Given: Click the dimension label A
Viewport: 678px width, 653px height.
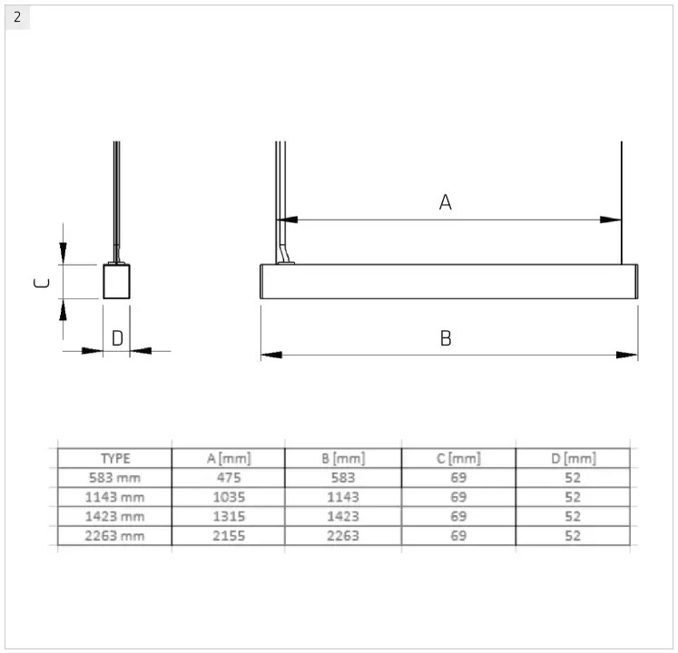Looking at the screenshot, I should (445, 202).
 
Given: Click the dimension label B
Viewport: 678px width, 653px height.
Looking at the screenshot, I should (446, 338).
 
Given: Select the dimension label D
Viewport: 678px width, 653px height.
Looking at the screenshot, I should (117, 338).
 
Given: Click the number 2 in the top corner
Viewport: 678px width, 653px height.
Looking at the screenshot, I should (17, 16).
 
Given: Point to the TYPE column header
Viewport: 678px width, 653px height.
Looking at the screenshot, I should (115, 458).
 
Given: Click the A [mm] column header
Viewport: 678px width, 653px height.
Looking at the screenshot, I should (228, 458).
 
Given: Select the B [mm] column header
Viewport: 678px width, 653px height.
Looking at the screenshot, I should (343, 458).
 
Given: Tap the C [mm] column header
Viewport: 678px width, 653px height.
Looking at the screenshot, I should (458, 458).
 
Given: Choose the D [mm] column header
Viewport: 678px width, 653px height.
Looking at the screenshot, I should (573, 458).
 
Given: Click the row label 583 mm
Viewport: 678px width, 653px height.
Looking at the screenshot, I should (115, 477).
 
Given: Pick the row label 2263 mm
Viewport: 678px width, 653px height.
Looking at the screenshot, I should (115, 535).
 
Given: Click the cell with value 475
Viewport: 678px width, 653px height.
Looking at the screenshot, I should (228, 477).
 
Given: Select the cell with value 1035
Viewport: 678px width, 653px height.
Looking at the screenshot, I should (228, 497).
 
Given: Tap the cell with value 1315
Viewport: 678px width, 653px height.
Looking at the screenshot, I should (228, 516).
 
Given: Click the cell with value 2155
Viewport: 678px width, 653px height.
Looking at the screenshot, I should (228, 535).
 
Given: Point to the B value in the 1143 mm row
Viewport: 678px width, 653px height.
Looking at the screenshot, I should (343, 497).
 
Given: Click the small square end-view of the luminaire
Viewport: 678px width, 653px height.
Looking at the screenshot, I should (116, 281).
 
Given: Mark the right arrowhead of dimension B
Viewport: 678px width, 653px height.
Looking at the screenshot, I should (628, 355).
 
